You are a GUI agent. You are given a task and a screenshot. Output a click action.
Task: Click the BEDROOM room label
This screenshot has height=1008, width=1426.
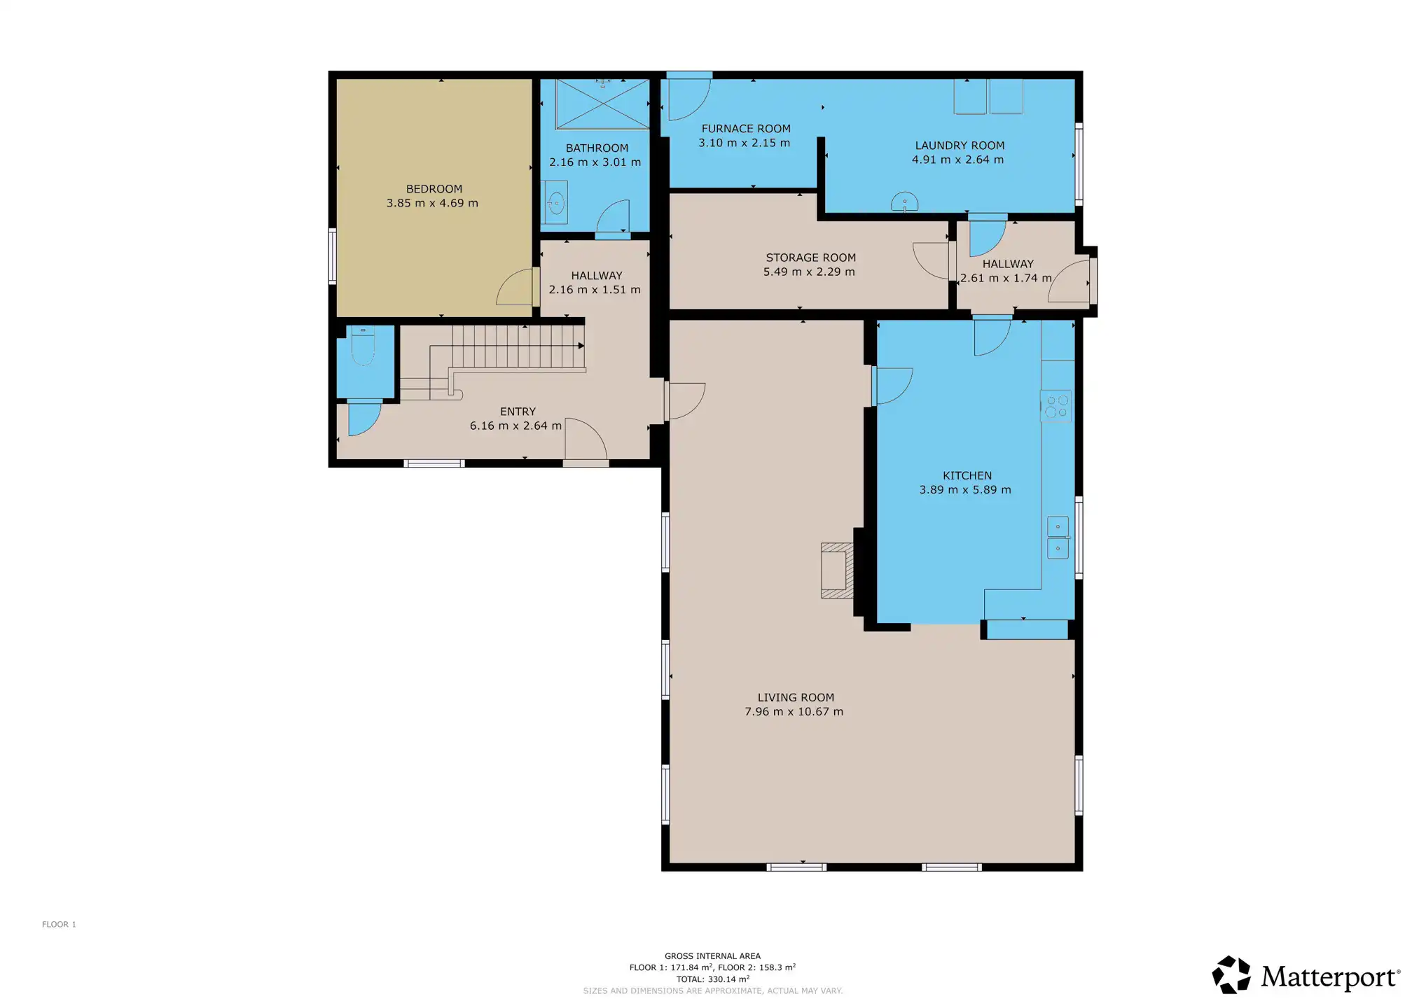point(434,189)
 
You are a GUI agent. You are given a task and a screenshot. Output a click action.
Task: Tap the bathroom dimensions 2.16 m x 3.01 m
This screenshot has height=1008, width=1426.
point(595,162)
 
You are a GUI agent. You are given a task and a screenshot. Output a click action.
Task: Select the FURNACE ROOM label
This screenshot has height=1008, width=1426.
point(746,129)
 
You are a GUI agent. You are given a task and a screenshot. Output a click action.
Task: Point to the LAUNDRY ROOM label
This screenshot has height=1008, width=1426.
point(960,146)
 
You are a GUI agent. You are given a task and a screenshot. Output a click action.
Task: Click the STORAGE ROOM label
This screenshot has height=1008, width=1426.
point(810,258)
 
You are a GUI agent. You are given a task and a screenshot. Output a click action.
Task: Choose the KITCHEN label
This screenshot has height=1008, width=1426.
point(967,476)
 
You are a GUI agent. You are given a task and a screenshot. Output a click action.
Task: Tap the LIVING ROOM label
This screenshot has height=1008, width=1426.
point(796,698)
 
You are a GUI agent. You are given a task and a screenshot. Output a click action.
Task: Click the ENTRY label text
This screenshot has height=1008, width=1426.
point(518,412)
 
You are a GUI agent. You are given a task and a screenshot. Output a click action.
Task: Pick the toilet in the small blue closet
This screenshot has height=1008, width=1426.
point(363,346)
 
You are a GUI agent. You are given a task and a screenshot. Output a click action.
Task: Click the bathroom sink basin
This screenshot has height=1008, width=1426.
point(556,204)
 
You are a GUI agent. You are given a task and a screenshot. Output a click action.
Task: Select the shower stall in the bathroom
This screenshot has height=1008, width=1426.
point(602,104)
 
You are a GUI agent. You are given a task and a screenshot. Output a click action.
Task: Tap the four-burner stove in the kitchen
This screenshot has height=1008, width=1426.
point(1056,406)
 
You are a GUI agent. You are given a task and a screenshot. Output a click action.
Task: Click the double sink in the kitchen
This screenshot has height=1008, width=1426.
point(1058,538)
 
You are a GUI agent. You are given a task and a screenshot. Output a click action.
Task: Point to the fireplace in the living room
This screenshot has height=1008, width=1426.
point(838,570)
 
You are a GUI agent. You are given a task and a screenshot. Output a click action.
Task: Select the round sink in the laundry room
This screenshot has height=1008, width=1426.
point(904,202)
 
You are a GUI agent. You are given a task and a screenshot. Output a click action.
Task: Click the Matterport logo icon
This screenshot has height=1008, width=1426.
point(1231,974)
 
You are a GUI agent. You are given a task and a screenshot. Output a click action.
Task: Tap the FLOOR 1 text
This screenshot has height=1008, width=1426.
point(59,925)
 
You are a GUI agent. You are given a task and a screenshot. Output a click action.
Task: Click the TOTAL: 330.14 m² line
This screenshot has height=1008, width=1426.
point(712,979)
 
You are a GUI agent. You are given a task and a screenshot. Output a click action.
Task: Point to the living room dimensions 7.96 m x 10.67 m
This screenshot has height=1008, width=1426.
point(794,712)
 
